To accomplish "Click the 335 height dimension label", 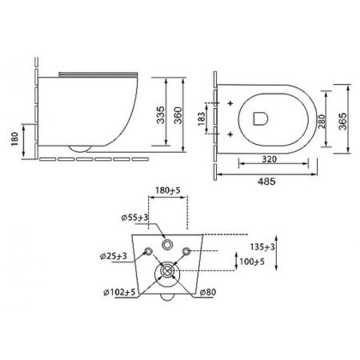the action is (x=161, y=115).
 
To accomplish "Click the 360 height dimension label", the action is (x=178, y=115).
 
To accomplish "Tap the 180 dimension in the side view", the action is (x=15, y=139).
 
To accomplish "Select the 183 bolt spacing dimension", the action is (x=202, y=118).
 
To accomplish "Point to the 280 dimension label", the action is (x=322, y=122).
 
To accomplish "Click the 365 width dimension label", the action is (x=342, y=122).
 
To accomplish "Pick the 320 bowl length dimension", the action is (x=270, y=159).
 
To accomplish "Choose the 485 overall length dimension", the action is (x=266, y=182).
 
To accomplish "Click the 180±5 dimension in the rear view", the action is (x=168, y=190).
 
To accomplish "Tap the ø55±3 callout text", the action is (x=134, y=218).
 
